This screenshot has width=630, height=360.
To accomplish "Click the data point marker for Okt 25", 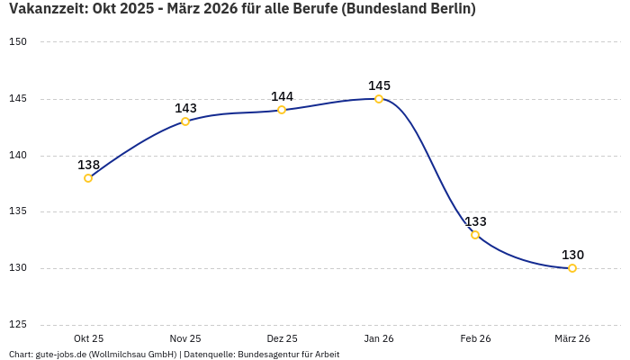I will pyautogui.click(x=88, y=178).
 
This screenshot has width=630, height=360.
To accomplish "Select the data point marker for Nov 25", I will pyautogui.click(x=185, y=121).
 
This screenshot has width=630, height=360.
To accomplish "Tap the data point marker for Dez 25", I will pyautogui.click(x=282, y=110).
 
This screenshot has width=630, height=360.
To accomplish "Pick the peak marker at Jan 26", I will pyautogui.click(x=379, y=99).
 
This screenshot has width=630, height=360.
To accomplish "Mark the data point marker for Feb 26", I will pyautogui.click(x=475, y=235).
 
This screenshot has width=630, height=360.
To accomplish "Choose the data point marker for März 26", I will pyautogui.click(x=572, y=268).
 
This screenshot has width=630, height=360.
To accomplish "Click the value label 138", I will pyautogui.click(x=88, y=165).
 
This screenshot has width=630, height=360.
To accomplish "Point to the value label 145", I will pyautogui.click(x=379, y=85).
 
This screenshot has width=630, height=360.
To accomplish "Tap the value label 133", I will pyautogui.click(x=475, y=221).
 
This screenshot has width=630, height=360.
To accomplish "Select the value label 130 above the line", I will pyautogui.click(x=572, y=255).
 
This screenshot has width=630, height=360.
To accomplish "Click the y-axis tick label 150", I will pyautogui.click(x=18, y=42).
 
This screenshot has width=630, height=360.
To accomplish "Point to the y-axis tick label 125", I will pyautogui.click(x=18, y=325).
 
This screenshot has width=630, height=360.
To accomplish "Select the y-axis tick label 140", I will pyautogui.click(x=18, y=156).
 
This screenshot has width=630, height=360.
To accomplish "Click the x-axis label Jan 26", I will pyautogui.click(x=379, y=338).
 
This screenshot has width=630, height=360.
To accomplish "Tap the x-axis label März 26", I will pyautogui.click(x=572, y=338).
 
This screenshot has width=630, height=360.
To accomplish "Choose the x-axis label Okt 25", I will pyautogui.click(x=88, y=338).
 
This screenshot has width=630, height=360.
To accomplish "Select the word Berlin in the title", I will pyautogui.click(x=447, y=9).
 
